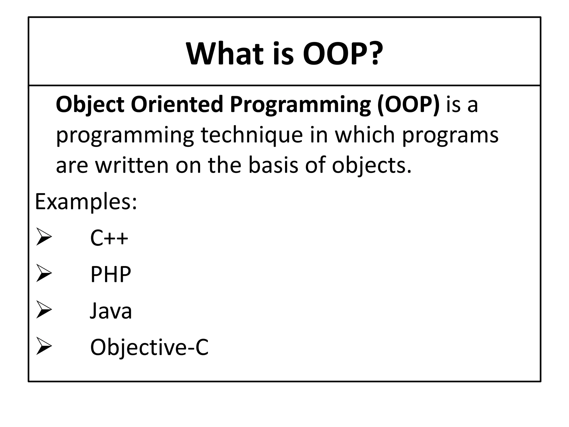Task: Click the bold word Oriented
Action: [x=177, y=104]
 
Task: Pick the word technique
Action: [x=252, y=135]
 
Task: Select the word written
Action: [x=132, y=165]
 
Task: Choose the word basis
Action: [x=273, y=165]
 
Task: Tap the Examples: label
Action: [x=86, y=202]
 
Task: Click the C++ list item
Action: [x=109, y=238]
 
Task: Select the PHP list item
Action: [x=111, y=274]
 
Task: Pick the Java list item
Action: [x=111, y=311]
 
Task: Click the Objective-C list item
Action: [x=149, y=347]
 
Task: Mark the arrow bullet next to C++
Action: [x=44, y=237]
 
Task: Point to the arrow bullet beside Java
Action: [x=44, y=310]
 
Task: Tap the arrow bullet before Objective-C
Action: [x=44, y=346]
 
